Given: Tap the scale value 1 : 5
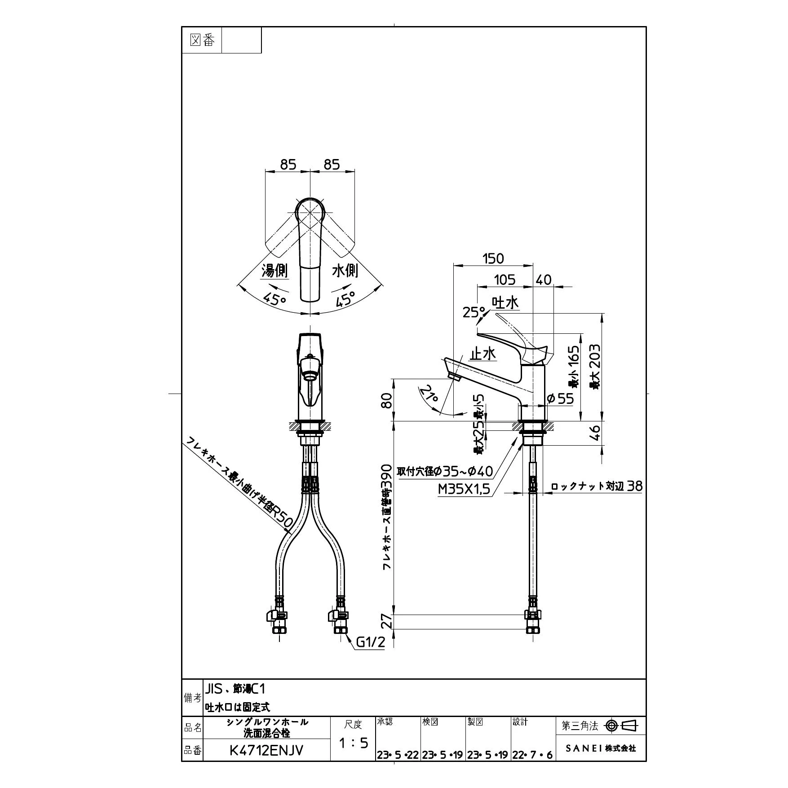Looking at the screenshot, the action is tap(353, 743).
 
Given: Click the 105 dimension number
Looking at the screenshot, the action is tap(505, 279).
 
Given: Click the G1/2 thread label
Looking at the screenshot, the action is tap(371, 643).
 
